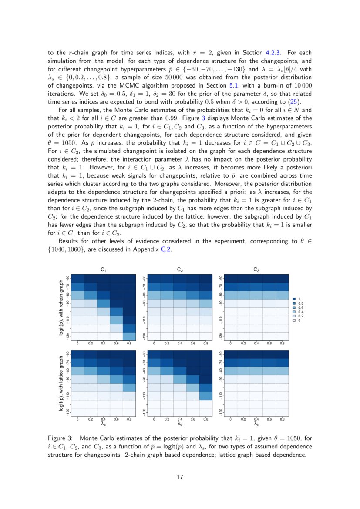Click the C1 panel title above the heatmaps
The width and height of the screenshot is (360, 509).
(103, 270)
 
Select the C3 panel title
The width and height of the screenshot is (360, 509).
(256, 270)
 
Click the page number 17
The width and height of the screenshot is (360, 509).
(180, 477)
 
